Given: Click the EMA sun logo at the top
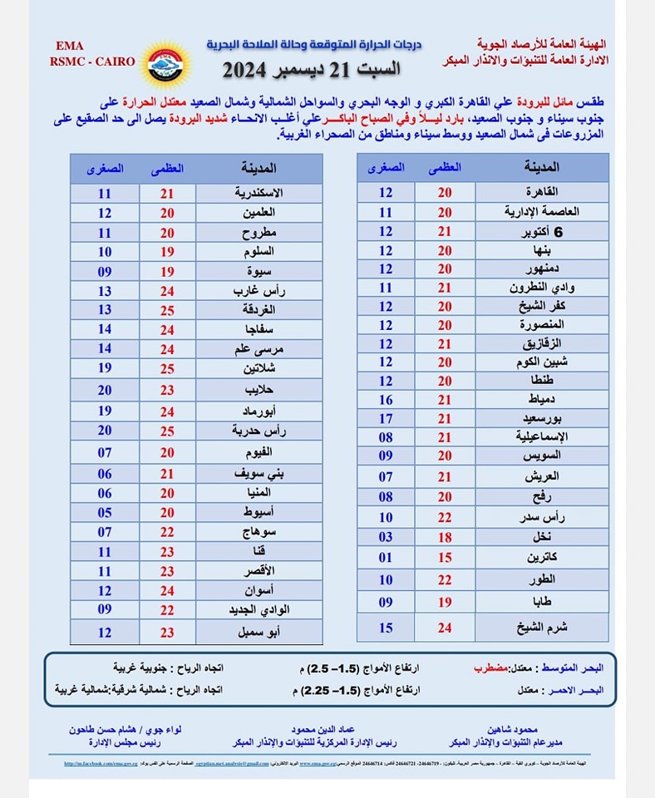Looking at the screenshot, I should click(x=170, y=64).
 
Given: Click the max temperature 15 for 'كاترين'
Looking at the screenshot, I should click(x=445, y=558).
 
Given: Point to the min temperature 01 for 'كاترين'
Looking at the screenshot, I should click(x=386, y=558).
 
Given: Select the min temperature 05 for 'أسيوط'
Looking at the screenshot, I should click(x=105, y=513).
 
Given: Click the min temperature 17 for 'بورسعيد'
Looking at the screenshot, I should click(x=386, y=418).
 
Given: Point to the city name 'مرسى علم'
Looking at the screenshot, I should click(x=255, y=349).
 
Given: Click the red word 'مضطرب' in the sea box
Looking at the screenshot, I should click(x=491, y=667).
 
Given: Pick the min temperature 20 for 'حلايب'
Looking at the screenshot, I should click(x=105, y=389).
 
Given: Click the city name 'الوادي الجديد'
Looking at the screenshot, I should click(x=255, y=609).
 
